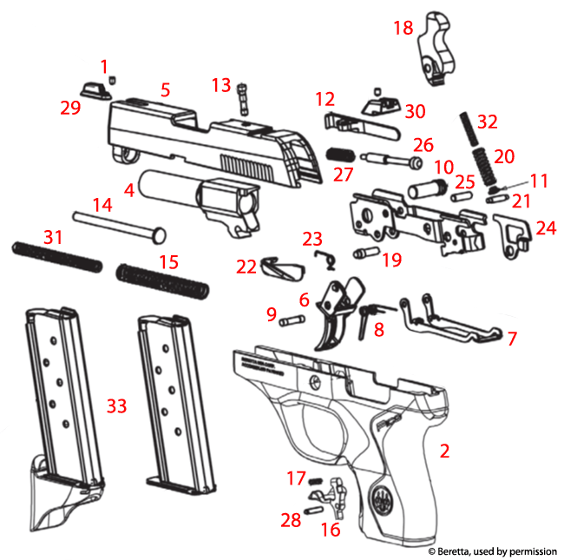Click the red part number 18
[403, 29]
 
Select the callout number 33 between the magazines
[117, 405]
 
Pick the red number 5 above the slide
[165, 89]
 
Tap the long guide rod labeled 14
[118, 223]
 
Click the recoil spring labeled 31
[56, 254]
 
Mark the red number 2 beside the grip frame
[444, 451]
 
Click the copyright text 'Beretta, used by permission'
[496, 550]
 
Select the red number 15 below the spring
[167, 261]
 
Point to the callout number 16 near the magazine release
[331, 529]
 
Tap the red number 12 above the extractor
[325, 100]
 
